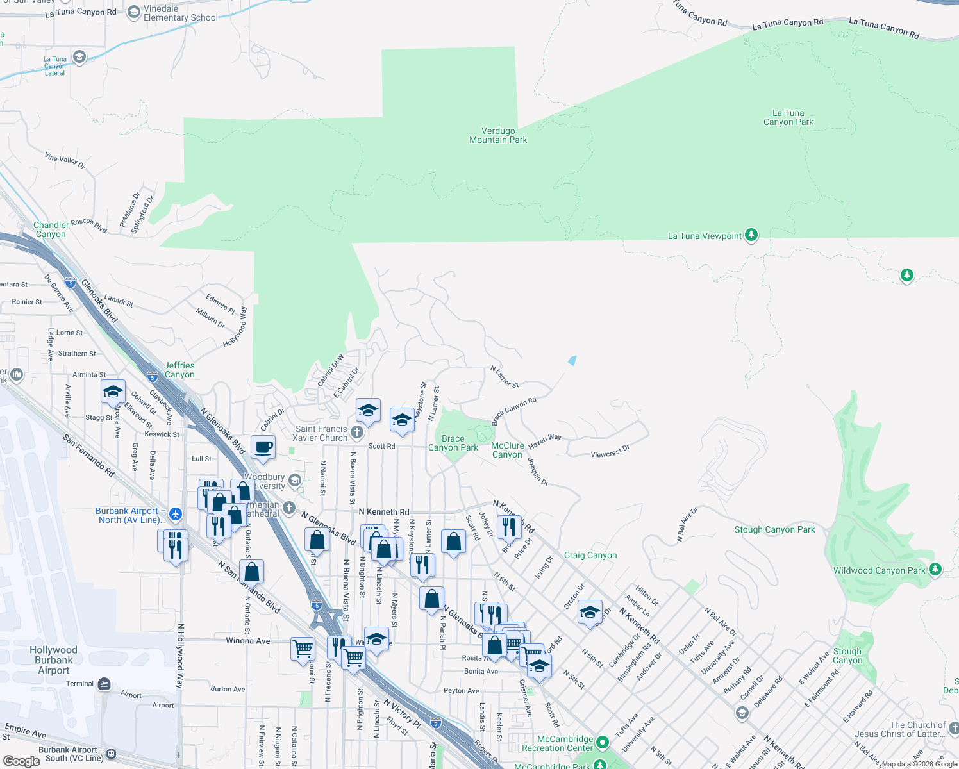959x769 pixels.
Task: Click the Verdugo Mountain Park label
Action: tap(498, 135)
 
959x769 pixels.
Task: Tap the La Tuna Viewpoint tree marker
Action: tap(751, 235)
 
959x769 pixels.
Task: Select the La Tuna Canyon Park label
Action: tap(788, 117)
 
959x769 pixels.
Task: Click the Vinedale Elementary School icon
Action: tap(133, 12)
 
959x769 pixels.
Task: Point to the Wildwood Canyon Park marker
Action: tap(935, 569)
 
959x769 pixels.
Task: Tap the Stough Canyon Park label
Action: tap(774, 529)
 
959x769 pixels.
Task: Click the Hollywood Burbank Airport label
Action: tap(54, 660)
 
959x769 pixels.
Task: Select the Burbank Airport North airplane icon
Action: tap(176, 514)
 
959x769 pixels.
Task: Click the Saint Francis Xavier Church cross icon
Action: tap(357, 433)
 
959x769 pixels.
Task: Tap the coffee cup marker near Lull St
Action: tap(263, 447)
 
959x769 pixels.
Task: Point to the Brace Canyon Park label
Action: tap(453, 443)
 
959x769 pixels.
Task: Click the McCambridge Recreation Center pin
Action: tap(602, 743)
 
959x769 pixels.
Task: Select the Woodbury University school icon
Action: tap(294, 480)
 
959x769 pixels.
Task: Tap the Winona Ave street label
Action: tap(248, 641)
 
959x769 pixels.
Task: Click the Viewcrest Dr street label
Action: tap(610, 452)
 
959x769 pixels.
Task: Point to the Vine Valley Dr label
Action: tap(65, 160)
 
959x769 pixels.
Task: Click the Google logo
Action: tap(22, 761)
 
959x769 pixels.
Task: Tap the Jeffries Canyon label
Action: tap(179, 370)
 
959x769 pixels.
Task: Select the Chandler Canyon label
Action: tap(50, 229)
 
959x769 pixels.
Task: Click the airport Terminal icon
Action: tap(104, 684)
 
